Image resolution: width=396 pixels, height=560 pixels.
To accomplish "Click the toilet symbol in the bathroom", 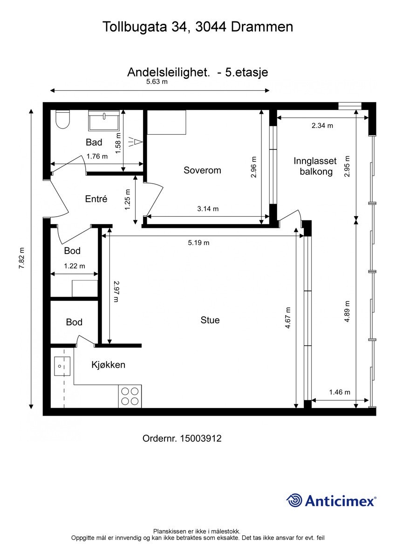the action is tap(63, 119).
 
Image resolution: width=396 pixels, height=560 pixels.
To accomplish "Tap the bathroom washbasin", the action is tap(104, 120).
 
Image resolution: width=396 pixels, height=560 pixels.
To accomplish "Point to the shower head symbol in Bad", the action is tap(135, 142).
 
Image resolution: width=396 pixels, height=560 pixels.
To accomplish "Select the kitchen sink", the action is tap(62, 366).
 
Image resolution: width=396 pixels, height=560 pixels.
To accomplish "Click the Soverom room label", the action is tap(202, 170).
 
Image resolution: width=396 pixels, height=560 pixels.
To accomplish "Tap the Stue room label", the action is tap(210, 320).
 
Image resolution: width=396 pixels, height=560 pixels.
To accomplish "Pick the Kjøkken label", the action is tap(108, 365).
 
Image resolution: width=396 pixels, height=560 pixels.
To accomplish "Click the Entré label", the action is tap(96, 199).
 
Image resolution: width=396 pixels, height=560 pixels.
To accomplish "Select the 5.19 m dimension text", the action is tap(198, 243).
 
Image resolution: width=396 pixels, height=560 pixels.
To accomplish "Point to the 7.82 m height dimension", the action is tap(22, 258).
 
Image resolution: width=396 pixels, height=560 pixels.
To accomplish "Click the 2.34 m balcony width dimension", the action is tap(322, 125).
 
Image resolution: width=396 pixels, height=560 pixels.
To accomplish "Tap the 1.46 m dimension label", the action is tap(340, 392).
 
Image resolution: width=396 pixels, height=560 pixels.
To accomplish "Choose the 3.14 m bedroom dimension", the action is tap(208, 209).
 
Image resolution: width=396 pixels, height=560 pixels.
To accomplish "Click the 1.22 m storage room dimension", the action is tap(74, 266).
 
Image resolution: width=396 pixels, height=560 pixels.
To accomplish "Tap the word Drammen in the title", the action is tap(262, 27).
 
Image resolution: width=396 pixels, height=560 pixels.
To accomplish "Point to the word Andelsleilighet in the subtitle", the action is tap(168, 73).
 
